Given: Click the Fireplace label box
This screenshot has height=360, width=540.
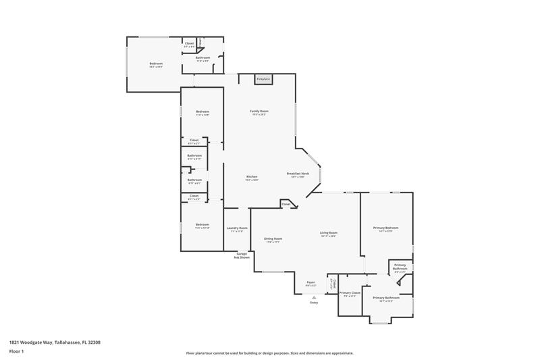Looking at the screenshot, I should (263, 80).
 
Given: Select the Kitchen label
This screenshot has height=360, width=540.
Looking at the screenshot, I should (251, 177).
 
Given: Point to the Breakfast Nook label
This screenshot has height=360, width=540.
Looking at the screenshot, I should (298, 174).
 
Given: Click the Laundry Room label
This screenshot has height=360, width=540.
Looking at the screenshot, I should (237, 228).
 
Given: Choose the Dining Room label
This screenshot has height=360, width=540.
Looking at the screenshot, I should (273, 238).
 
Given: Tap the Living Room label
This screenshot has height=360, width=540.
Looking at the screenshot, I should (329, 233).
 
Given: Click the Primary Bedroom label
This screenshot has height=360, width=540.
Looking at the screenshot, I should (386, 228).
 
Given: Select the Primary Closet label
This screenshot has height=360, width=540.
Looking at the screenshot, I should (350, 292).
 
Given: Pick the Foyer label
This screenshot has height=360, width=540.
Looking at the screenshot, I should (310, 282).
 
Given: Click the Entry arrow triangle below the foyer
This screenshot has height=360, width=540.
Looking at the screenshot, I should (314, 297).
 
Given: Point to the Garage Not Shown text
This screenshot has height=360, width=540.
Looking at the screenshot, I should (241, 255).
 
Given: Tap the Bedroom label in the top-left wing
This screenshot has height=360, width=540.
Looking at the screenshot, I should (156, 63).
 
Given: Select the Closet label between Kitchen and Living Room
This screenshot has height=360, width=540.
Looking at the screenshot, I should (286, 203).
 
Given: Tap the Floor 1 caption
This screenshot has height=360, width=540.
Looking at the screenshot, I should (17, 351).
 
